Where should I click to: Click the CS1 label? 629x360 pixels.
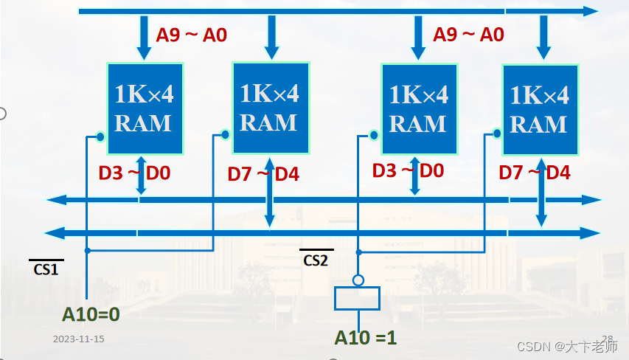[46, 268]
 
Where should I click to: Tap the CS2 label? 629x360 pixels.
[316, 259]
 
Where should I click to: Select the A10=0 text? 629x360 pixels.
[91, 314]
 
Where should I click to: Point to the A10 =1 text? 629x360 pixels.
[365, 337]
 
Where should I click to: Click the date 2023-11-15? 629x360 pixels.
[79, 339]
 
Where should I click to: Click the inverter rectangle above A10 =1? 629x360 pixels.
[358, 298]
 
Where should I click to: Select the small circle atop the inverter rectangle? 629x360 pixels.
[358, 280]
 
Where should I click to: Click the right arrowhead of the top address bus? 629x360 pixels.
[590, 11]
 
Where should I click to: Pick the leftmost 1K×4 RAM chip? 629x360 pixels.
[143, 108]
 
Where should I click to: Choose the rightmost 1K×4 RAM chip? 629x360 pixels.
[539, 109]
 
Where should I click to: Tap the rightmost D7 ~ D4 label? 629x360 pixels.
[535, 173]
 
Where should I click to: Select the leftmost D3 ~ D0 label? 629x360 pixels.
[134, 173]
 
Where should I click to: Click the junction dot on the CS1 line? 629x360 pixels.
[87, 251]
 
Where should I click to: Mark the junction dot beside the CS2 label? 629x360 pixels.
[358, 251]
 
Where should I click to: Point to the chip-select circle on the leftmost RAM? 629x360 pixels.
[100, 136]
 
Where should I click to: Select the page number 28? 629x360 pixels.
[608, 339]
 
